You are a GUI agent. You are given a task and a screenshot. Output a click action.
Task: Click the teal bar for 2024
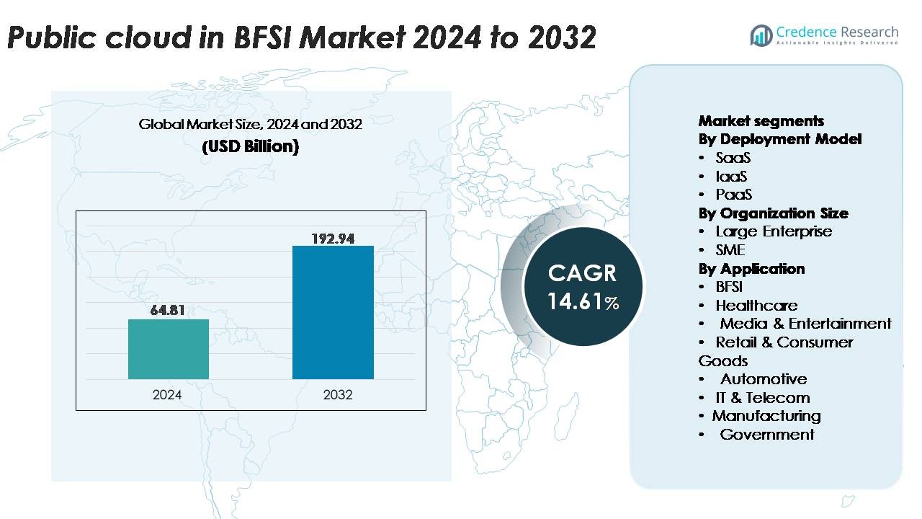169,349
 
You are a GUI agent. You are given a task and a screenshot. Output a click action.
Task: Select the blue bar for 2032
333,312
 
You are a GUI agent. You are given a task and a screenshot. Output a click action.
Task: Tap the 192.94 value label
333,238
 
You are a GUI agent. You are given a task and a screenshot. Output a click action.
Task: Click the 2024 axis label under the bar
167,394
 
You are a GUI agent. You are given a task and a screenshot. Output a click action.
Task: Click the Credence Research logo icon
761,34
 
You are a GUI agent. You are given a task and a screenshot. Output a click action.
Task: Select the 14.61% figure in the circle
583,301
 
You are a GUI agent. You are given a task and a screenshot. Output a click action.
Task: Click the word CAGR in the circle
582,273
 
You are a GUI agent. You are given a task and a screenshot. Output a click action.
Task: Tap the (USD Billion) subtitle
250,146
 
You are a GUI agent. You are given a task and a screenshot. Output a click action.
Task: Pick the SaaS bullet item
733,158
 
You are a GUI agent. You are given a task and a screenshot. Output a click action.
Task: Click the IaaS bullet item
731,177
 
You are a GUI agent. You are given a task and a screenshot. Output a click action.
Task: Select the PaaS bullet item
733,195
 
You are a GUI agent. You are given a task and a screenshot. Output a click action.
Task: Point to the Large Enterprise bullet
773,231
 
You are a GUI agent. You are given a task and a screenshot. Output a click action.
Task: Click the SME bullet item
730,250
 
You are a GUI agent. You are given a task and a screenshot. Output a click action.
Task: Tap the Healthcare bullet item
756,306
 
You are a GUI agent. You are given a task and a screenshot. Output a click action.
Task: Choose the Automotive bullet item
763,379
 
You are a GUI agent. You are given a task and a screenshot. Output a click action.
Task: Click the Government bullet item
766,435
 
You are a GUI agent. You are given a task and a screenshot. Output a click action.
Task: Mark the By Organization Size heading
773,213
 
